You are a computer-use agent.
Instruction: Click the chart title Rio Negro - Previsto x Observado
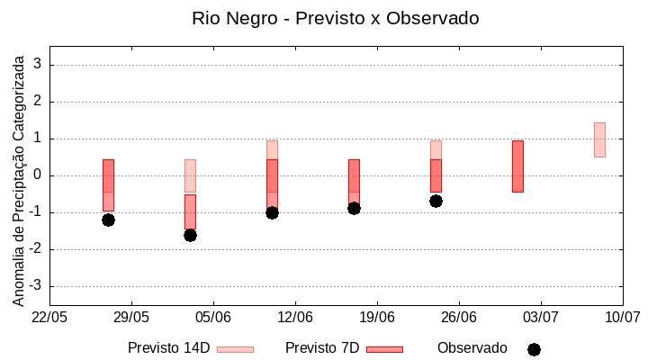(335, 18)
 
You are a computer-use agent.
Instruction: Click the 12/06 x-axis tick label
(295, 317)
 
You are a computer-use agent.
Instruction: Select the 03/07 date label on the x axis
(541, 317)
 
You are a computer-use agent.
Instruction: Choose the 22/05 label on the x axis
(49, 317)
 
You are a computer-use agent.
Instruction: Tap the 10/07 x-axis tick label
(622, 317)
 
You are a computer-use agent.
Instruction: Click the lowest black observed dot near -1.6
(190, 235)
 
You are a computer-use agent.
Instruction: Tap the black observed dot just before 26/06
(436, 201)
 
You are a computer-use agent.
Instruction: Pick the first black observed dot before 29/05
(108, 220)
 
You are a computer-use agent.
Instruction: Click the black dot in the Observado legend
(534, 349)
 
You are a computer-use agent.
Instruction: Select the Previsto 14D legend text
(168, 348)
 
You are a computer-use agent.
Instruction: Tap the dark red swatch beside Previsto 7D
(384, 349)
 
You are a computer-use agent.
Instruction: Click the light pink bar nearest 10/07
(599, 139)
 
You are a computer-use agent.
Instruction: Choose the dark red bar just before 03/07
(517, 166)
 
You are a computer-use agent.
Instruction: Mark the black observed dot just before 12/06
(272, 212)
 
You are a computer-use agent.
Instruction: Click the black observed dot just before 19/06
(354, 208)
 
